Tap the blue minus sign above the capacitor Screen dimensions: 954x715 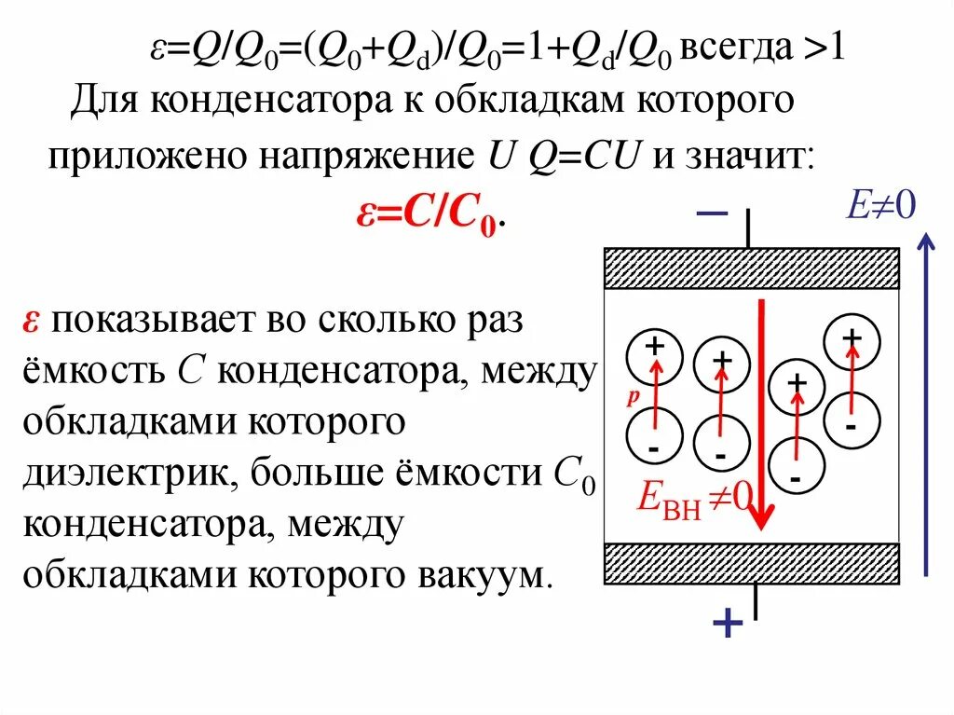711,214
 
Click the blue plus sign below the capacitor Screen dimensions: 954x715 727,623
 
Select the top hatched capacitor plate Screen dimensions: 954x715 752,268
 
